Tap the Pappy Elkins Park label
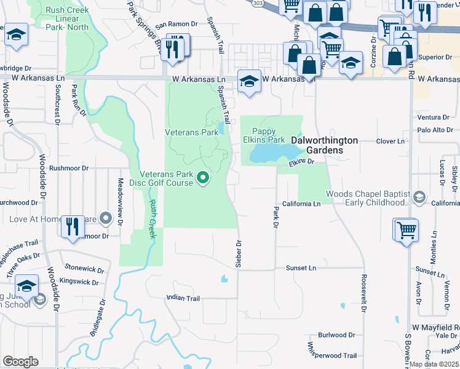[269, 135]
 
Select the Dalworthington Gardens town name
[324, 140]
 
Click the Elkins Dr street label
[302, 161]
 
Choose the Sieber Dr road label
[237, 253]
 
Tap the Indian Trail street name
[183, 298]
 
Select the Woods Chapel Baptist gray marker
[419, 197]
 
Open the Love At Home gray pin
[106, 217]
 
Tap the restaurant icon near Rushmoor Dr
[73, 226]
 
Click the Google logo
[20, 362]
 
